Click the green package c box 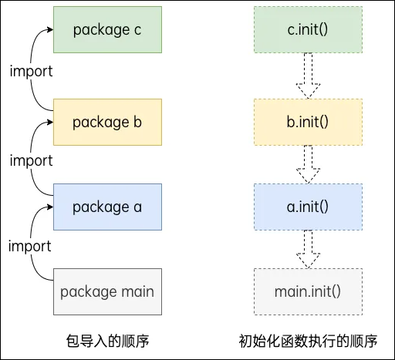pyautogui.click(x=107, y=29)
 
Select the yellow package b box pyautogui.click(x=107, y=122)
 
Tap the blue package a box pyautogui.click(x=107, y=207)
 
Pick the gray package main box pyautogui.click(x=107, y=291)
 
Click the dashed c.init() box pyautogui.click(x=308, y=29)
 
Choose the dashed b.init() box pyautogui.click(x=308, y=122)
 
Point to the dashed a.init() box pyautogui.click(x=308, y=207)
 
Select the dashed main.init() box pyautogui.click(x=308, y=291)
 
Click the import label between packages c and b pyautogui.click(x=31, y=71)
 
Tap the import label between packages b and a pyautogui.click(x=31, y=160)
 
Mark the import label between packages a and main pyautogui.click(x=31, y=246)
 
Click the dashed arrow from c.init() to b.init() pyautogui.click(x=308, y=76)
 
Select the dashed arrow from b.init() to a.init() pyautogui.click(x=308, y=163)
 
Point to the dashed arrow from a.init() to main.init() pyautogui.click(x=308, y=248)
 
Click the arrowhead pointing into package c pyautogui.click(x=49, y=29)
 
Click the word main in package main pyautogui.click(x=136, y=291)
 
